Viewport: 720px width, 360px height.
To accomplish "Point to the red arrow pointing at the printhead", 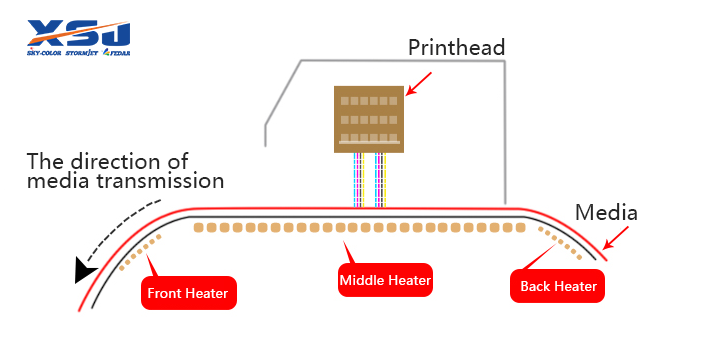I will tap(419, 85).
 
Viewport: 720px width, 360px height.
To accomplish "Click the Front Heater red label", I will tap(188, 293).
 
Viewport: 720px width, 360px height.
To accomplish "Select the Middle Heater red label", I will tap(385, 281).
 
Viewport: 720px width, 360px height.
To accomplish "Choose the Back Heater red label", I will tap(558, 287).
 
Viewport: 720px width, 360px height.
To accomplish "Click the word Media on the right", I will tap(606, 213).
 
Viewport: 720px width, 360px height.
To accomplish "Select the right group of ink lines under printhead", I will tap(380, 181).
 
